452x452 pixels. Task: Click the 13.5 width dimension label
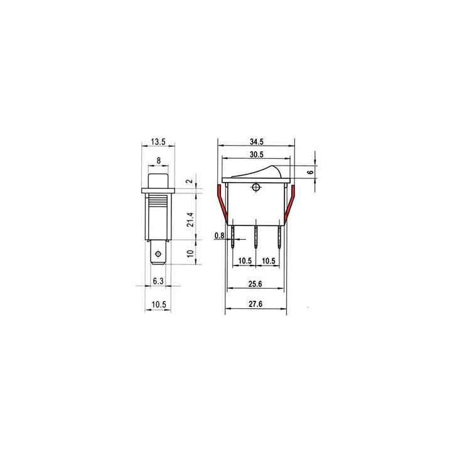point(158,141)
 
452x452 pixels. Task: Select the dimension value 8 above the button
point(159,161)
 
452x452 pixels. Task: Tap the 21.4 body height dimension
point(190,220)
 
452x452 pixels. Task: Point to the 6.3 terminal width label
point(158,281)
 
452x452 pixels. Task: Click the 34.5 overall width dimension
point(257,141)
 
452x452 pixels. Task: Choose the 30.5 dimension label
point(257,154)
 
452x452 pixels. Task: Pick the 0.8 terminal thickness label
point(219,236)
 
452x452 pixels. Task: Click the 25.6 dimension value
point(256,284)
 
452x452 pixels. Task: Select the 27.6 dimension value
point(256,304)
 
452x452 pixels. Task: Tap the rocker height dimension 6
point(310,172)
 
